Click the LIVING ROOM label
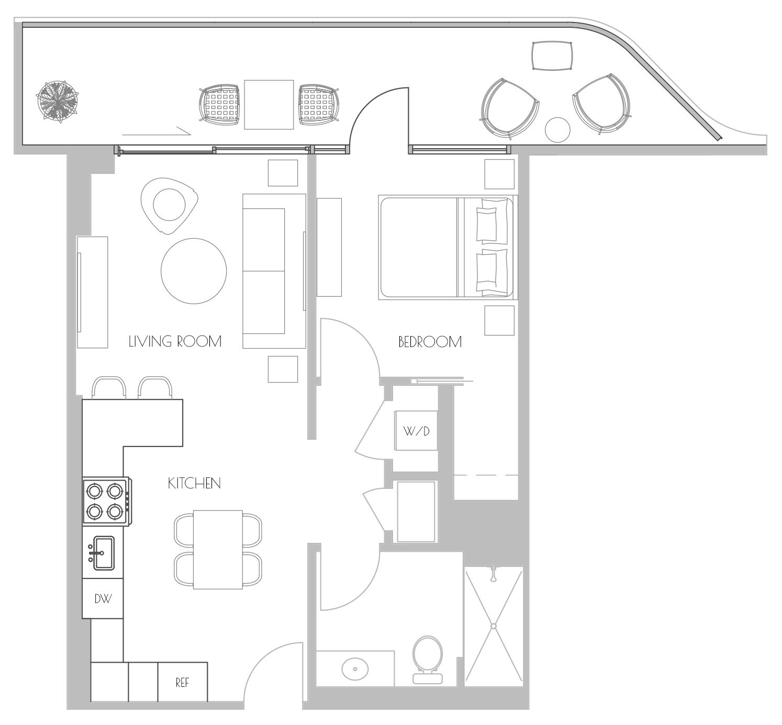[x=175, y=341]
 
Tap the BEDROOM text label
[x=430, y=342]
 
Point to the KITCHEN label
[x=194, y=483]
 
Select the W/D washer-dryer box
[x=417, y=430]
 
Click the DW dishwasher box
[x=103, y=598]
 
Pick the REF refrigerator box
[x=183, y=682]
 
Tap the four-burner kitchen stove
[x=107, y=501]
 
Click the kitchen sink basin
[x=104, y=553]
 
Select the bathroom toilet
[x=428, y=660]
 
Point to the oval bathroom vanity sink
[x=355, y=668]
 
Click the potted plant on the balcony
[x=58, y=102]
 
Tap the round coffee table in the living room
[x=194, y=271]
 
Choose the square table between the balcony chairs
[x=269, y=105]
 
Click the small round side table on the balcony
[x=557, y=130]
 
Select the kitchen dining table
[x=218, y=550]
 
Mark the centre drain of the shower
[x=494, y=626]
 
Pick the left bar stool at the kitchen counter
[x=109, y=388]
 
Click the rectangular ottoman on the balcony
[x=552, y=56]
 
